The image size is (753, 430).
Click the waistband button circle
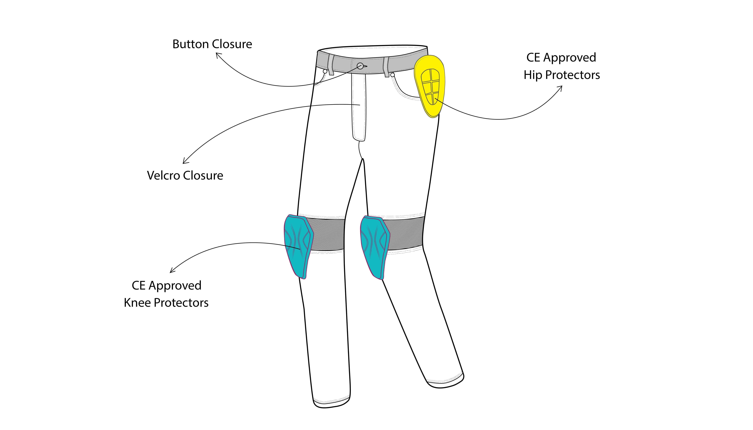click(x=360, y=66)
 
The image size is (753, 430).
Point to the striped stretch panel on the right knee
click(x=406, y=233)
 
